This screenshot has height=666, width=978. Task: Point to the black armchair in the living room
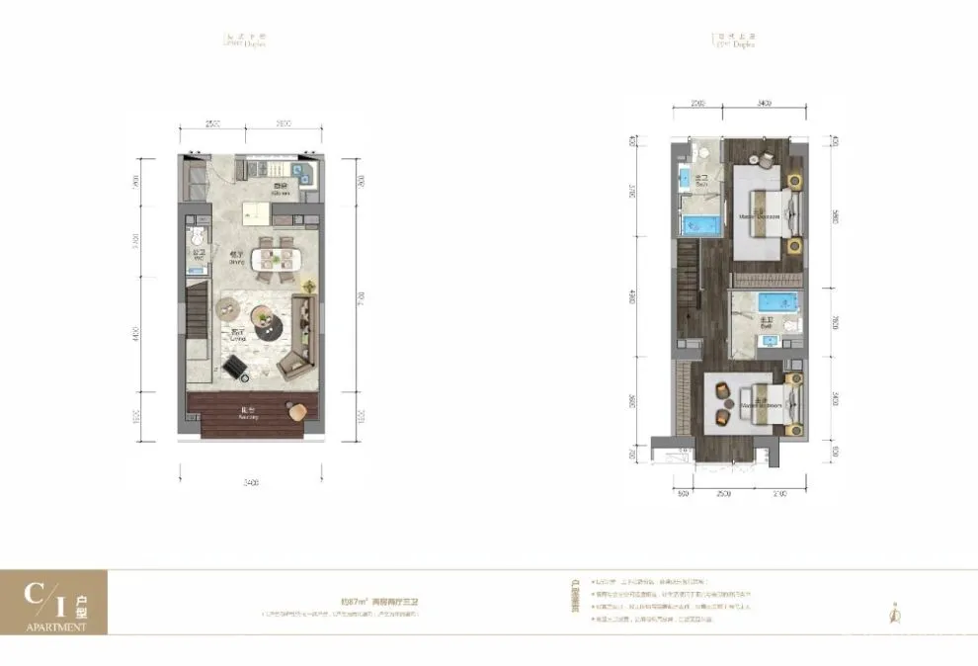click(x=236, y=368)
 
